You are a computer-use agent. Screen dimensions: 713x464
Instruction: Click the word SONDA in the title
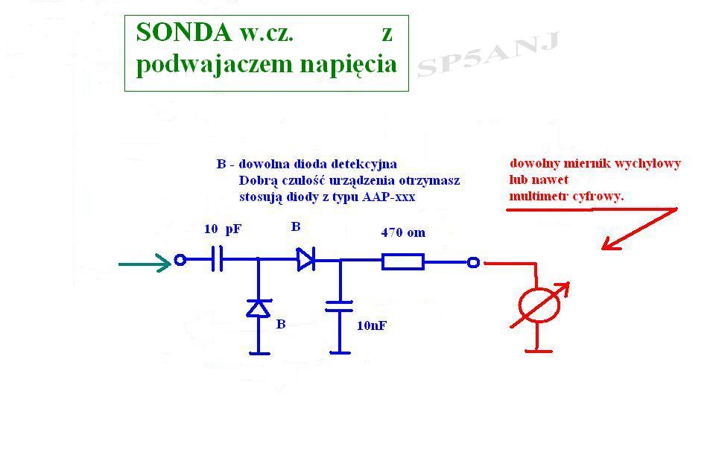coord(184,32)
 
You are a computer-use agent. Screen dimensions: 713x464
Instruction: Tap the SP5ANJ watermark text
coord(487,54)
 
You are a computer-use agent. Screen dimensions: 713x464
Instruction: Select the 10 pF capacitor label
coord(222,229)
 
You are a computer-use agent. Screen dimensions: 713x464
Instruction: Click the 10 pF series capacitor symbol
coord(218,259)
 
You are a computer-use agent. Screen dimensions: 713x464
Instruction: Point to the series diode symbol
coord(305,259)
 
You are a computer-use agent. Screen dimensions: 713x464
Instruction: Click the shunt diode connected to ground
coord(259,308)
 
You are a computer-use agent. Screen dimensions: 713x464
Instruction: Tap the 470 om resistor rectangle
coord(403,261)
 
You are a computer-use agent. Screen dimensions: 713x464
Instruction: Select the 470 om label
coord(403,232)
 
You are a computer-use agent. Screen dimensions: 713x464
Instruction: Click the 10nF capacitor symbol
coord(339,306)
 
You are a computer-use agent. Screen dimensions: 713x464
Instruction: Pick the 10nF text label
coord(372,325)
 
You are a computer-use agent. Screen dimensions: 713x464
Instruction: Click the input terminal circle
coord(180,261)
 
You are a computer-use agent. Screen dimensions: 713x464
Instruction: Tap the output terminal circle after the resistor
coord(473,262)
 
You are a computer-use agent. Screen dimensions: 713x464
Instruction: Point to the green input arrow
coord(145,263)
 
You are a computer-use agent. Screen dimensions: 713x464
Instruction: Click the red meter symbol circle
coord(539,305)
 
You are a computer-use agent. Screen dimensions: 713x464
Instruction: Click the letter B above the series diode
coord(296,226)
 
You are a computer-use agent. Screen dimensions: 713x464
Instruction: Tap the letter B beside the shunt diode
coord(281,324)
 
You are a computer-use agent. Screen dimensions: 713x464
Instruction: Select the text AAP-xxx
coord(389,197)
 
